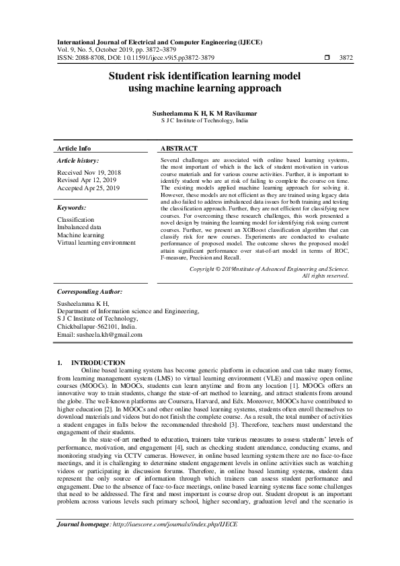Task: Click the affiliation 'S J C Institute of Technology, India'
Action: pos(200,122)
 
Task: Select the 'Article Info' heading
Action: pos(74,148)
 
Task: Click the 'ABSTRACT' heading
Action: pos(179,148)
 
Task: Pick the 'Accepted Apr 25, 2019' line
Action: pos(88,188)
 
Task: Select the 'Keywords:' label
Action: pos(72,208)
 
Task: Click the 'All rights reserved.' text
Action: pos(325,276)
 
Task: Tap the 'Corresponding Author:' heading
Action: pos(89,292)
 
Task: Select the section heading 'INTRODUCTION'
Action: pos(98,362)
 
